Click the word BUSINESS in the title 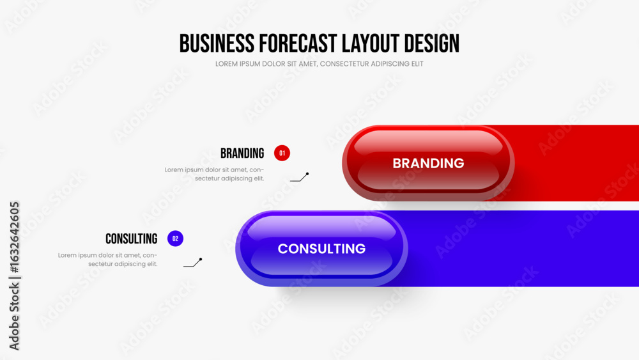[x=217, y=43]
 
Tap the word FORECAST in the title [x=298, y=43]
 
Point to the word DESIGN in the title [x=431, y=43]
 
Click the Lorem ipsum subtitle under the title [x=319, y=64]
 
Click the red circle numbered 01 [x=282, y=153]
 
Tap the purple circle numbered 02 [x=175, y=239]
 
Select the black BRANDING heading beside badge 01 [x=242, y=153]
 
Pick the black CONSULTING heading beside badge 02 [x=131, y=239]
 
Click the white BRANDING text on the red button [x=428, y=163]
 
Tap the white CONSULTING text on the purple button [x=321, y=249]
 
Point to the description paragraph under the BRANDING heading [x=214, y=174]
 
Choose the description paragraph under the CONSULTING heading [x=107, y=260]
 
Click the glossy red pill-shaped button [x=428, y=163]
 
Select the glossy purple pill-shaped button [x=321, y=249]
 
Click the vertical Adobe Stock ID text [x=14, y=276]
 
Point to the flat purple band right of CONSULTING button [x=523, y=249]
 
